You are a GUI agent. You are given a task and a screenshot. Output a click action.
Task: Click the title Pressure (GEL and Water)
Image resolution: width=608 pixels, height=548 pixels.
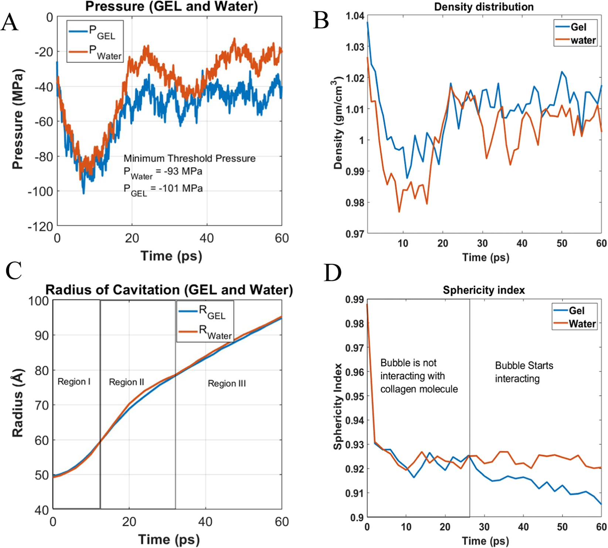(171, 6)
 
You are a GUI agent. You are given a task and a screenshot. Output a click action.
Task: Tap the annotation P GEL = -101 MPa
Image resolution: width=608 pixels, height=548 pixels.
(163, 189)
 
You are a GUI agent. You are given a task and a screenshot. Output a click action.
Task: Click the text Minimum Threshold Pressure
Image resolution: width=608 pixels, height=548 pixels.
(189, 159)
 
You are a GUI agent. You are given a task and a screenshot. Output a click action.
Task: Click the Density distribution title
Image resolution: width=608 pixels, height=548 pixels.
(483, 7)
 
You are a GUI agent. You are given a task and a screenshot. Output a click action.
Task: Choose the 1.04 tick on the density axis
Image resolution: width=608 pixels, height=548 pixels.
(355, 16)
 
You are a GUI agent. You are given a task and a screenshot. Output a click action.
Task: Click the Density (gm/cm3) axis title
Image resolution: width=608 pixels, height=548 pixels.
(338, 124)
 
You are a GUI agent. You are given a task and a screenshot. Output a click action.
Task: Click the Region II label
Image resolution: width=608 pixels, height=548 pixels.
(126, 382)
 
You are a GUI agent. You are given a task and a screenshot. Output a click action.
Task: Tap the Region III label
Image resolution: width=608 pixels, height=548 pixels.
(227, 384)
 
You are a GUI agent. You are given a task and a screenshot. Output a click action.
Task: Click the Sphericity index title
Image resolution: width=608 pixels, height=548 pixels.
(483, 290)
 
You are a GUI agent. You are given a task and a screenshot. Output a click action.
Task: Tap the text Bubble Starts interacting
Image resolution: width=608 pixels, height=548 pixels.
(524, 372)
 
